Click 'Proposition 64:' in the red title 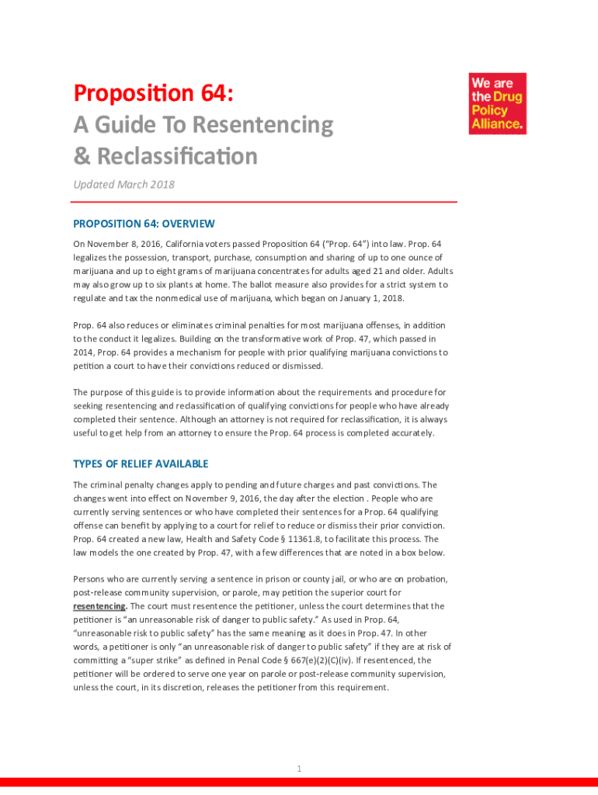153,94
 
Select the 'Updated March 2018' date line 123,184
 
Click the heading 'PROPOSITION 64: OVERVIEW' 144,224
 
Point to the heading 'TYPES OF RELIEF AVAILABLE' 141,464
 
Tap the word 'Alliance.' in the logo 498,123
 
